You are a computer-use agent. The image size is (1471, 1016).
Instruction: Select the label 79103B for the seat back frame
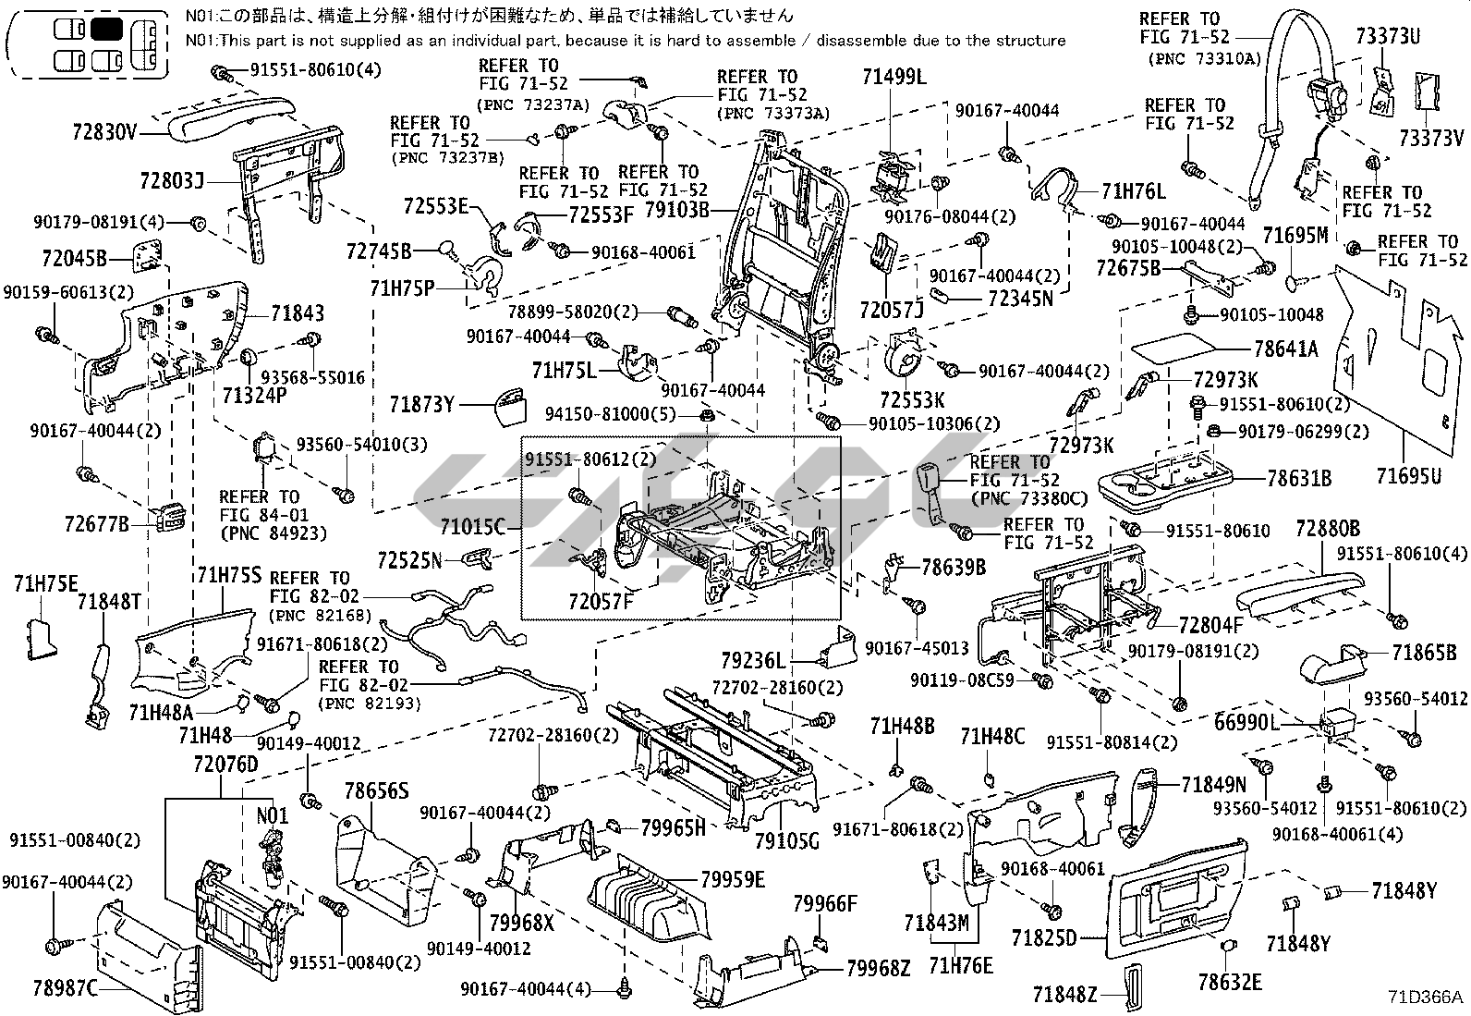[676, 209]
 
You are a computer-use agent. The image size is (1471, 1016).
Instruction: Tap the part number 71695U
[1408, 476]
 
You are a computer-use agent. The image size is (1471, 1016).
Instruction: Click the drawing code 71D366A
[1425, 998]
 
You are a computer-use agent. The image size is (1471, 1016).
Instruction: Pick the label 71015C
[473, 527]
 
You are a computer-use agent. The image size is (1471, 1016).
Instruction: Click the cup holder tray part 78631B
[1165, 481]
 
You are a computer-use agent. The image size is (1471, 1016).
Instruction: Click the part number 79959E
[733, 879]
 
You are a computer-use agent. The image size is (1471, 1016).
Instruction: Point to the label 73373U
[1389, 37]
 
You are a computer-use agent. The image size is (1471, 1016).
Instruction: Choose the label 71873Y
[421, 404]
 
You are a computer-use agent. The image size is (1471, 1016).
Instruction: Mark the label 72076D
[225, 765]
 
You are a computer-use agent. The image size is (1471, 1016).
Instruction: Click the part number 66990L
[1247, 723]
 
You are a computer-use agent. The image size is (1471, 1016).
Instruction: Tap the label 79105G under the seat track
[786, 841]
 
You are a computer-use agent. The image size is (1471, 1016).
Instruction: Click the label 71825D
[1044, 938]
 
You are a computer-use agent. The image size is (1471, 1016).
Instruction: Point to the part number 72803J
[172, 178]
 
